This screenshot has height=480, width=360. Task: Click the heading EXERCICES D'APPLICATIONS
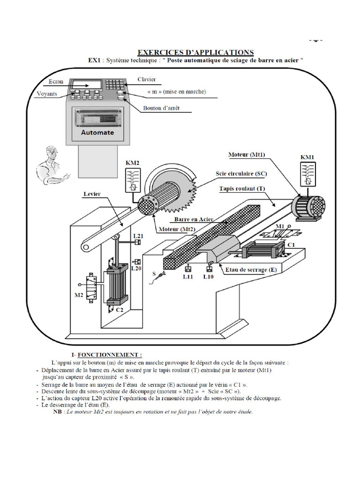[x=195, y=52]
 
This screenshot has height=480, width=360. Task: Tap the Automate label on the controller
[x=97, y=132]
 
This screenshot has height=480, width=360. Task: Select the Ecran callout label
[x=56, y=82]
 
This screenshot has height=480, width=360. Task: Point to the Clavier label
[x=147, y=80]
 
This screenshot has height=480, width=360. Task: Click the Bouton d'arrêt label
[x=161, y=108]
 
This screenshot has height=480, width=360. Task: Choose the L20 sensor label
[x=136, y=269]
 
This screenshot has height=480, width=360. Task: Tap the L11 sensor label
[x=188, y=277]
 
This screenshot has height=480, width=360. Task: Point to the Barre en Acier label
[x=194, y=219]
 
